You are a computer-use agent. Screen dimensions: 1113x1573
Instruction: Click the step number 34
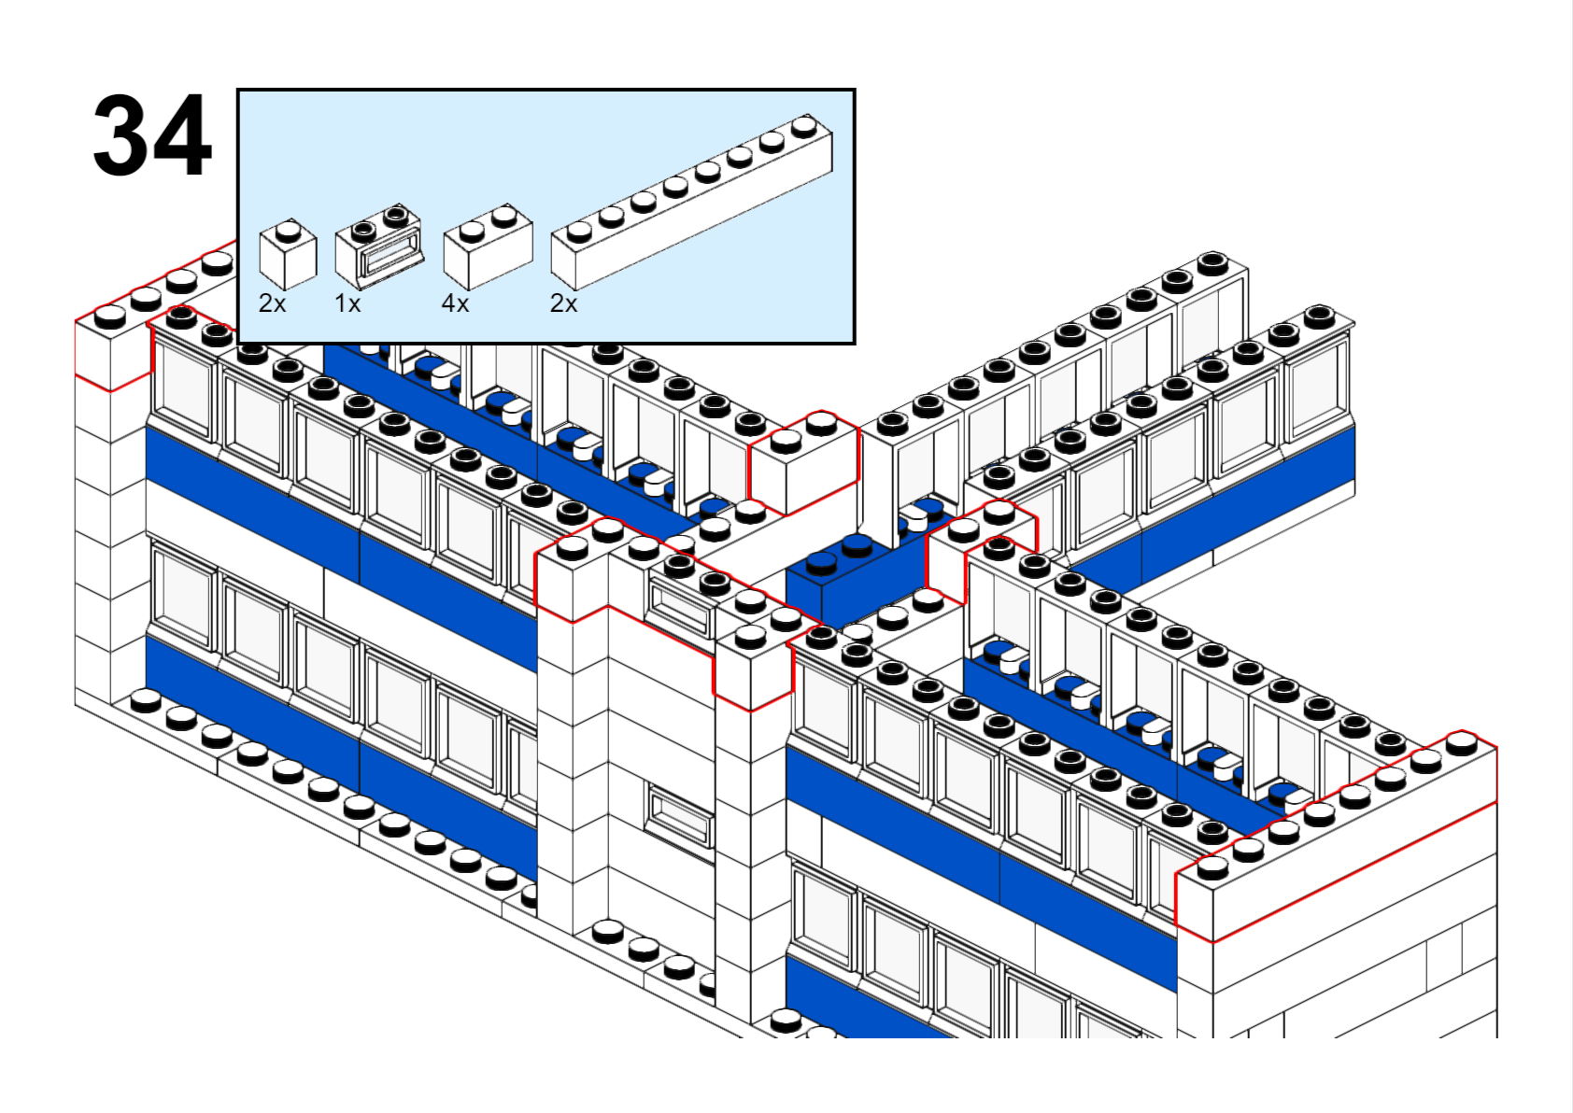click(x=152, y=135)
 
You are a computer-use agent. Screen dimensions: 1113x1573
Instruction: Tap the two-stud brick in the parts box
click(x=488, y=247)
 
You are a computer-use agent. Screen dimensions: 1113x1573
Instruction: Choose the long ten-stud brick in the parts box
click(x=691, y=201)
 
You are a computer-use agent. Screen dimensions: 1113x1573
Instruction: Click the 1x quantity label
click(x=347, y=303)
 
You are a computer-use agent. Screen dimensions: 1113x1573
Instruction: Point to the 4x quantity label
click(x=455, y=303)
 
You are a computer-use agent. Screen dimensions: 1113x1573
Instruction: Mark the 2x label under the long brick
click(x=564, y=303)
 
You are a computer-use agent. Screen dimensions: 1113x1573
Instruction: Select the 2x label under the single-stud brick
click(x=273, y=303)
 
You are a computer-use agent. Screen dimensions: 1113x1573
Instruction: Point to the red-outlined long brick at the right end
click(x=1336, y=840)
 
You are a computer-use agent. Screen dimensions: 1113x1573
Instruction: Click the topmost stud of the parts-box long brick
click(x=803, y=125)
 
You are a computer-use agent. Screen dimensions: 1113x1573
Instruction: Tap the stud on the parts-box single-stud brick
click(x=288, y=230)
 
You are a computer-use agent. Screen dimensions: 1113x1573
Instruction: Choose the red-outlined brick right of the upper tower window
click(x=752, y=668)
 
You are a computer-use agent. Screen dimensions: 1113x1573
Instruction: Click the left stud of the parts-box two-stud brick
click(x=473, y=229)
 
